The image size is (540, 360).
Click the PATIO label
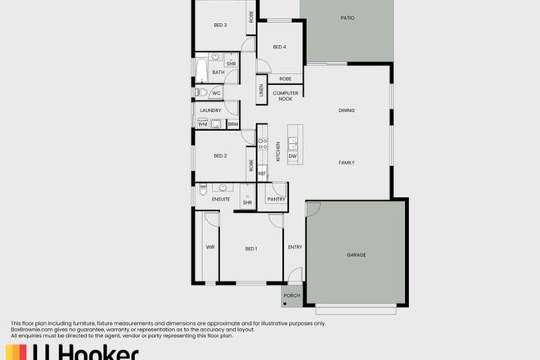tap(346, 17)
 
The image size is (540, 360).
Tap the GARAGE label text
tap(356, 254)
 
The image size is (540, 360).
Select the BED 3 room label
tap(220, 25)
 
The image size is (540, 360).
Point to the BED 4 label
tap(279, 47)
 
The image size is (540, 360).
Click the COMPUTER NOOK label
tap(286, 95)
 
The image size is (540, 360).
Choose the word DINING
tap(347, 110)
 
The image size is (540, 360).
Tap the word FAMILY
tap(347, 163)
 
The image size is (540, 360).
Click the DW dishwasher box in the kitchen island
tap(292, 156)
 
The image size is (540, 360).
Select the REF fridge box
tap(263, 173)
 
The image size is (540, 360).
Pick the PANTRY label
tap(277, 198)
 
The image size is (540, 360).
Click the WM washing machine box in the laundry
tap(202, 124)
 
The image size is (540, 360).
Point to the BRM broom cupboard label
tap(232, 124)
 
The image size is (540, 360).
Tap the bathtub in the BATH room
tap(200, 71)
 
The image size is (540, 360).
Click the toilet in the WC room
tap(201, 92)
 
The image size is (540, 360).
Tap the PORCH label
tap(293, 296)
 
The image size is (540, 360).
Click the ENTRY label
tap(295, 248)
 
